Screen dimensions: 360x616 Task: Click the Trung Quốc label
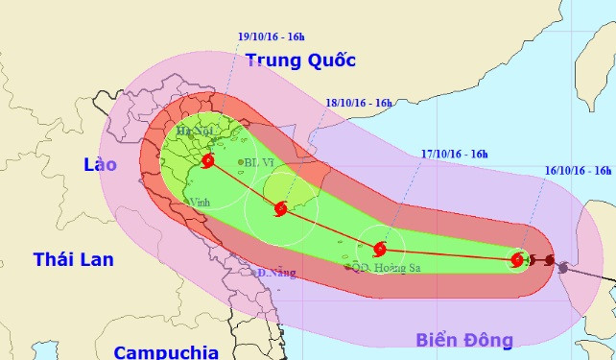pos(300,60)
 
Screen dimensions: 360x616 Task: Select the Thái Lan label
pos(73,259)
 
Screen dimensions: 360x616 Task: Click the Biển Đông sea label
pos(464,339)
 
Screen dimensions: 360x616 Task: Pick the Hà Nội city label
pos(194,130)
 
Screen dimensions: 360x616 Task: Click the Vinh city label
pos(200,203)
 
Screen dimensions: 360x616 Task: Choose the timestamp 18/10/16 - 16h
pos(360,102)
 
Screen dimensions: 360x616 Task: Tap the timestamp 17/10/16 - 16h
pos(455,153)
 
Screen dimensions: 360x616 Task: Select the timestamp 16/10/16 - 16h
pos(577,170)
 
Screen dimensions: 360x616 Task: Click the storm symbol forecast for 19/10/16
pos(208,161)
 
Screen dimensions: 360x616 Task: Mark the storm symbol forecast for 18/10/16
pos(280,208)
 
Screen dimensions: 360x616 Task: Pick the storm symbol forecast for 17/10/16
pos(380,247)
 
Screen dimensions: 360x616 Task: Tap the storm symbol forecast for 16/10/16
pos(518,259)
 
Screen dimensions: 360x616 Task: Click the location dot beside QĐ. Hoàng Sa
pos(347,267)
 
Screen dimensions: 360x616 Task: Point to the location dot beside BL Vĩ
pos(241,162)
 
